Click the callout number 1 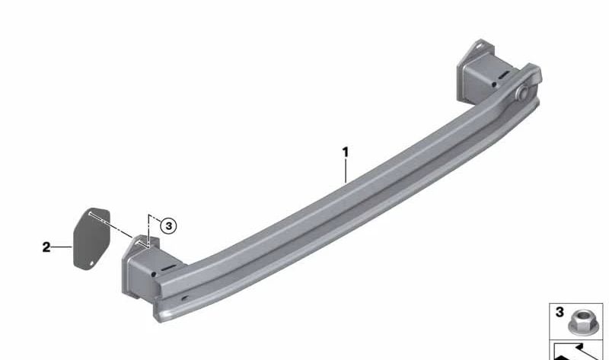tap(346, 152)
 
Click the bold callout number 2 tap(46, 247)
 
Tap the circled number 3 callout tap(168, 226)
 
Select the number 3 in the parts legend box tap(560, 312)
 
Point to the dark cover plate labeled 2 tap(91, 237)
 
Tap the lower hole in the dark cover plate tap(92, 263)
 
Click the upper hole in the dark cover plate tap(90, 213)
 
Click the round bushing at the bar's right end tap(521, 92)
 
